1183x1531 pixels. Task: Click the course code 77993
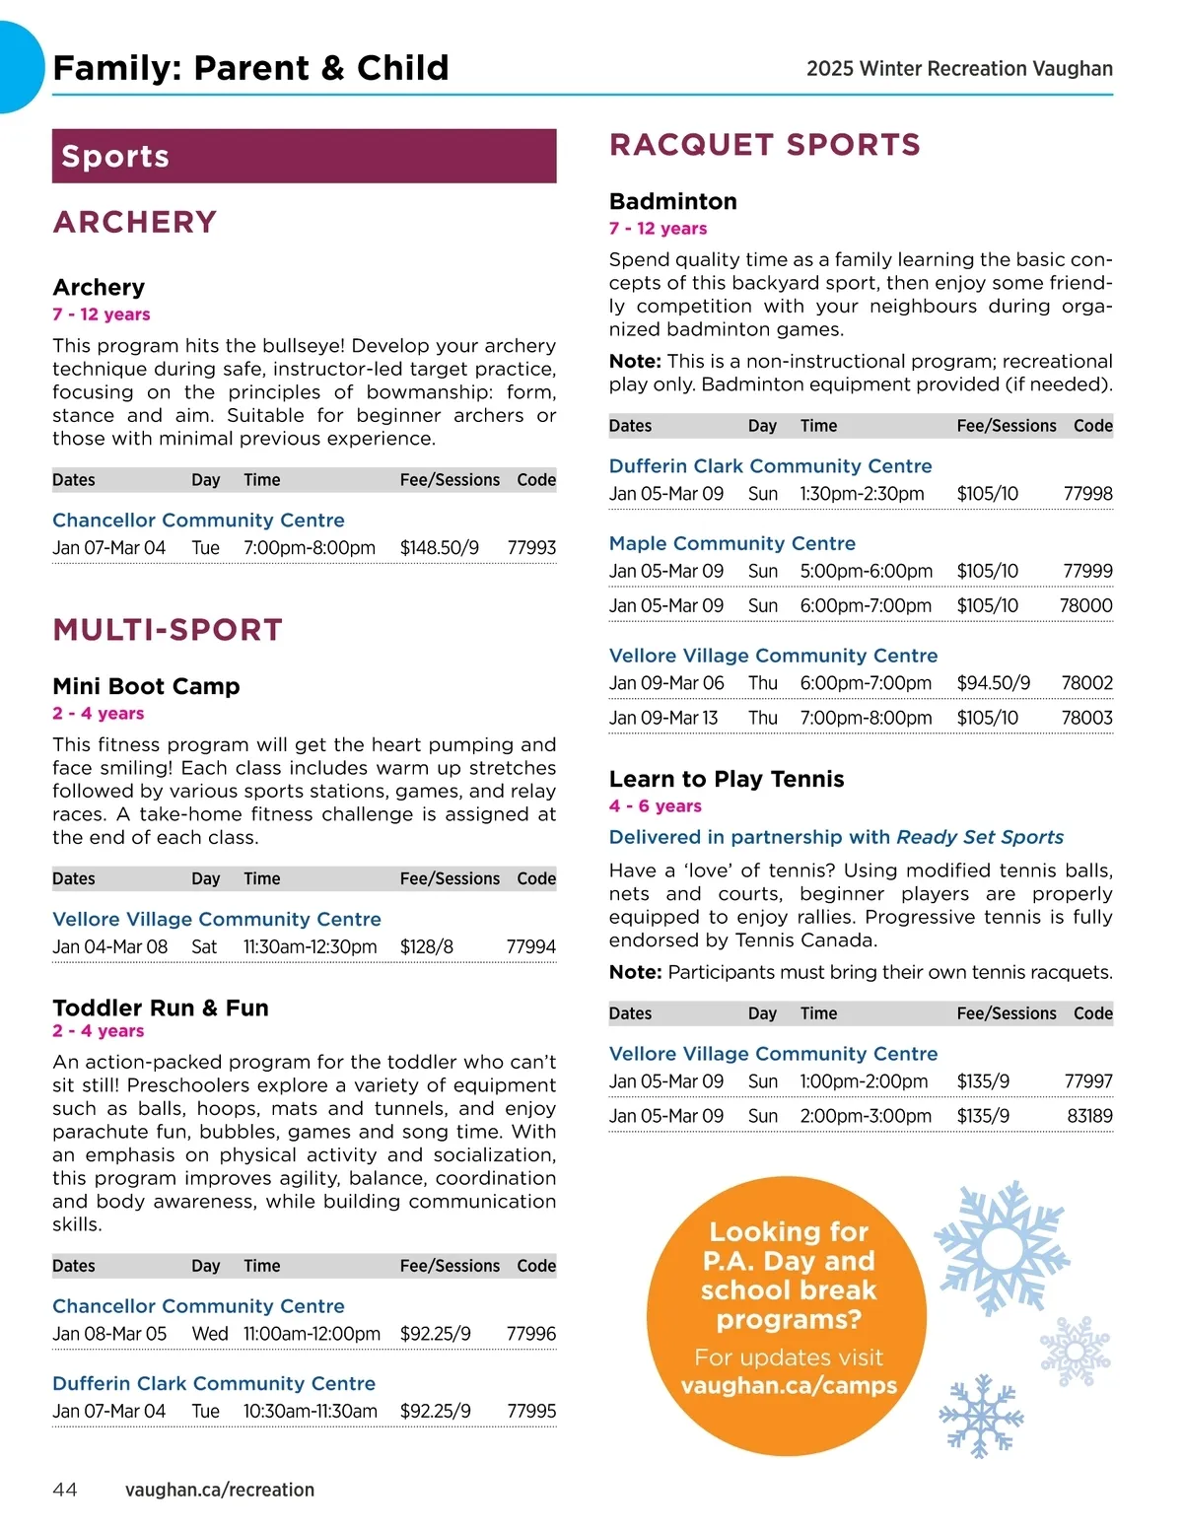531,548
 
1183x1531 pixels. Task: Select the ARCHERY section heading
135,223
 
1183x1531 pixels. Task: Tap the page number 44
65,1490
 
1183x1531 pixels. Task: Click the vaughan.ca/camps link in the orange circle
789,1385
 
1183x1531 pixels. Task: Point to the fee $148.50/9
440,548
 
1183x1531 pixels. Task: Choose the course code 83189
1089,1116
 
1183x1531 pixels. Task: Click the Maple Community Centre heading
732,543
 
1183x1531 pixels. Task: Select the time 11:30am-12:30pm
310,946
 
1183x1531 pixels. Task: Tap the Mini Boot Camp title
146,686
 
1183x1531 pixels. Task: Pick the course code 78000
1085,605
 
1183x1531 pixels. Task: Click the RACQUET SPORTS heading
765,145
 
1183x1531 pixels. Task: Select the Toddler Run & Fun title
161,1008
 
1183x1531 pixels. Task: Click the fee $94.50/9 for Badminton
994,683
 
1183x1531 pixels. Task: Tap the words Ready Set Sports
980,837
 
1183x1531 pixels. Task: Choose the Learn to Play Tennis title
727,779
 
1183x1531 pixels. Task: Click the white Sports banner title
115,157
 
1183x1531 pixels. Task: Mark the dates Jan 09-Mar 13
663,718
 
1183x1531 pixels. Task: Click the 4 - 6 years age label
656,806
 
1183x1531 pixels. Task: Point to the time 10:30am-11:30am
311,1411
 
